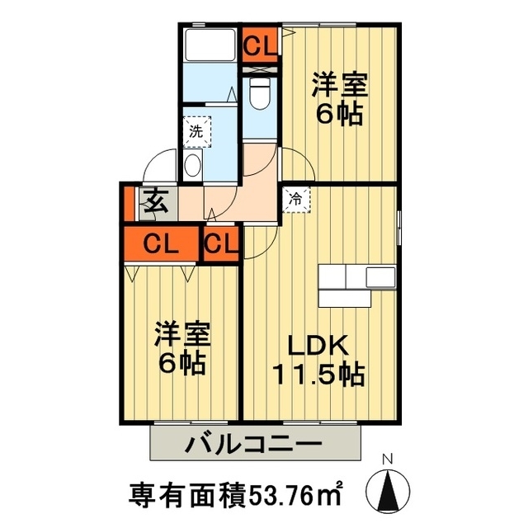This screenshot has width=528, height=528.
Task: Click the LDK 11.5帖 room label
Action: pyautogui.click(x=320, y=361)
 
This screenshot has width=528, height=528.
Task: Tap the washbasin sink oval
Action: pyautogui.click(x=192, y=164)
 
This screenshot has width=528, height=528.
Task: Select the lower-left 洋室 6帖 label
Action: pyautogui.click(x=183, y=348)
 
